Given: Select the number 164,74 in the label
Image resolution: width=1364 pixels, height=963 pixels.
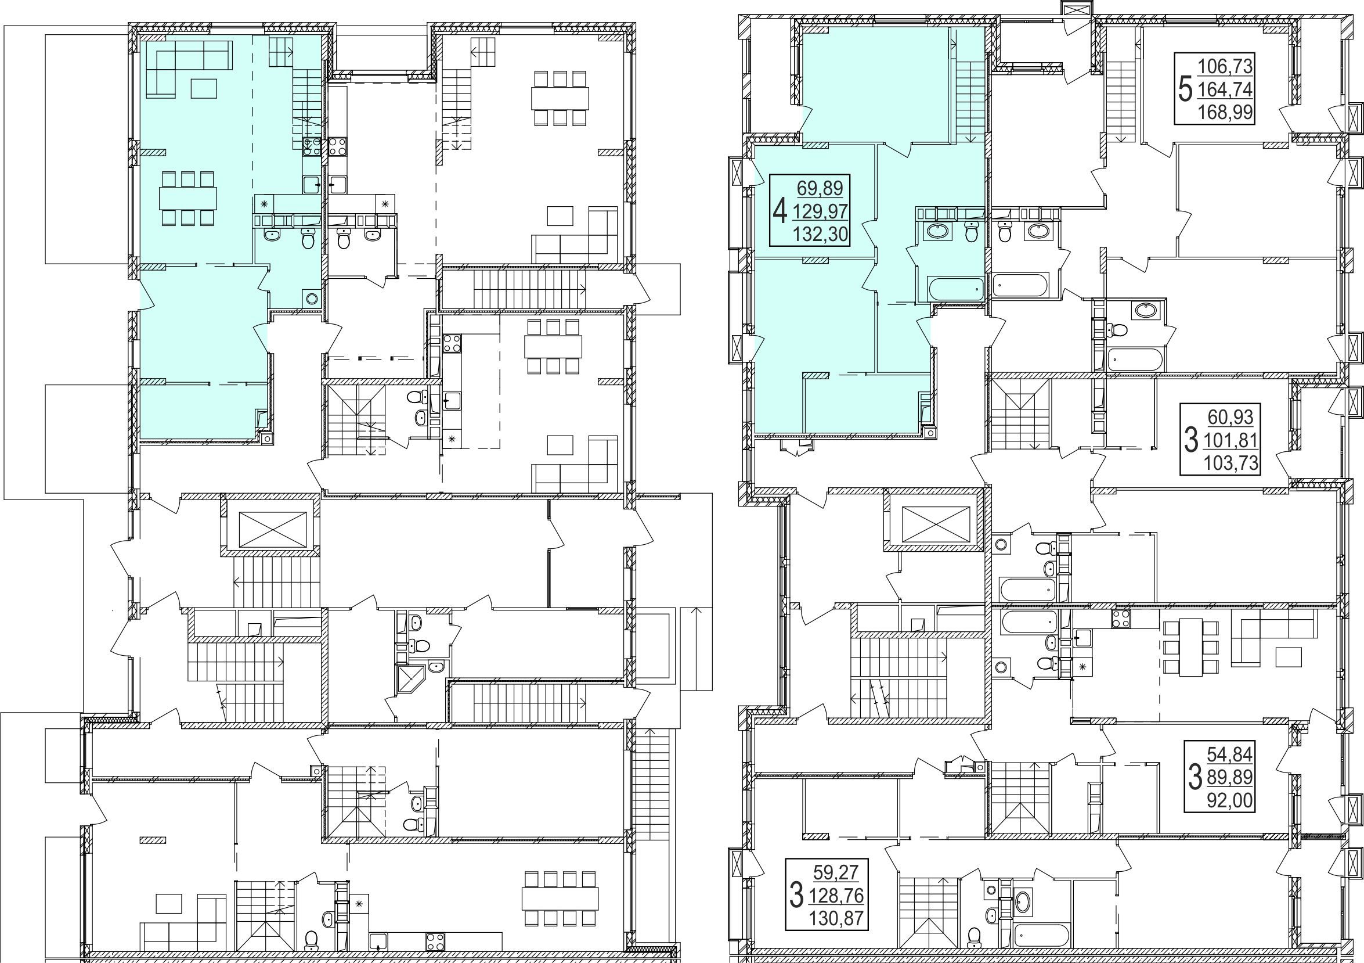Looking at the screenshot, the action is (x=1224, y=89).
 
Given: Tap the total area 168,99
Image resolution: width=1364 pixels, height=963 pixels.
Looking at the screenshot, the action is (x=1224, y=112).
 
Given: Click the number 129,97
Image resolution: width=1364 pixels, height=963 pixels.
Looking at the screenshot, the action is (x=820, y=211).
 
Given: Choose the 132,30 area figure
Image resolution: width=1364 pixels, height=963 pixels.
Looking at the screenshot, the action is (x=820, y=234).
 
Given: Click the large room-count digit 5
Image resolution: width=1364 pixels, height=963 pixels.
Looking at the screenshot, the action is (x=1185, y=91).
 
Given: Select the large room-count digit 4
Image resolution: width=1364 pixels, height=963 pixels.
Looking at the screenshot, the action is (x=780, y=210).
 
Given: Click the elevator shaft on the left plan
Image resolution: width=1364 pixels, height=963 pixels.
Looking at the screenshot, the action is (x=270, y=528).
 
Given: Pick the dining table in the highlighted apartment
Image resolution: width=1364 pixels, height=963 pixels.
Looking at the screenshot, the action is (x=187, y=199).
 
